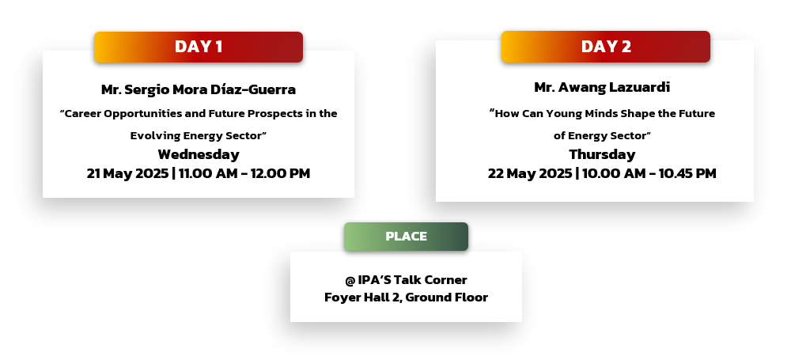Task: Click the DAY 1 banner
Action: (x=199, y=47)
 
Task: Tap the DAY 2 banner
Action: (x=605, y=47)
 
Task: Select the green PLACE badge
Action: (x=406, y=237)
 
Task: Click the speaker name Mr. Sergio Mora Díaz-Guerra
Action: (x=199, y=90)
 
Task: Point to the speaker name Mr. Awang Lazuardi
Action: (x=602, y=87)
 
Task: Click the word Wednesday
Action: (x=199, y=154)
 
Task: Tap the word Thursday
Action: (x=602, y=154)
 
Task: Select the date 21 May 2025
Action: (x=127, y=174)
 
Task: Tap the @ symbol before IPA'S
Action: (x=350, y=280)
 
